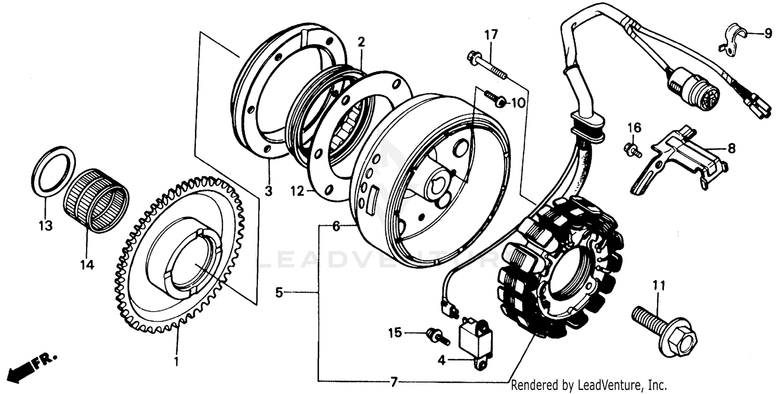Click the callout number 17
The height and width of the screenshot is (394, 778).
(491, 35)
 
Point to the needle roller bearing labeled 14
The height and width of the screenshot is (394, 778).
(96, 199)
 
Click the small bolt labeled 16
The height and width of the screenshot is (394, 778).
(632, 149)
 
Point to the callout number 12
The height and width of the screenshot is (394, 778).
(297, 192)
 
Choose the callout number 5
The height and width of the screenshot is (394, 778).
(279, 293)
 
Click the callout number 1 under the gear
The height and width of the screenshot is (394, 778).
(176, 361)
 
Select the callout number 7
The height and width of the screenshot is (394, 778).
(394, 383)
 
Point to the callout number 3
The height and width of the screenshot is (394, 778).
(268, 192)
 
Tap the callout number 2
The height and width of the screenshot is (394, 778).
(362, 41)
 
